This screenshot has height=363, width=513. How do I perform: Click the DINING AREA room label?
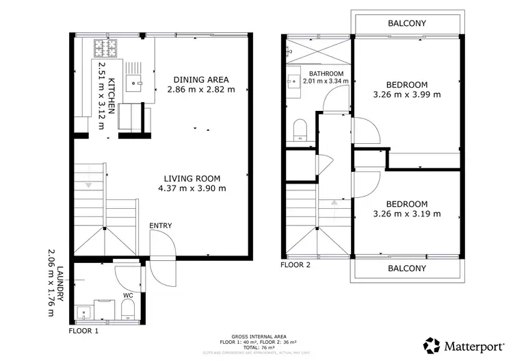pyautogui.click(x=201, y=79)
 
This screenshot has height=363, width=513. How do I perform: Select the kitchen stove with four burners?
pyautogui.click(x=105, y=47)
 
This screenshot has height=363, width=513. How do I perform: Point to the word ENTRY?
pyautogui.click(x=161, y=226)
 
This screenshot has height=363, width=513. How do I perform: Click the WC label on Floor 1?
pyautogui.click(x=128, y=296)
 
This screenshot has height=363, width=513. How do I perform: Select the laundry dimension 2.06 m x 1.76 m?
pyautogui.click(x=49, y=283)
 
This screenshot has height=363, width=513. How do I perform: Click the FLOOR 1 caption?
pyautogui.click(x=84, y=330)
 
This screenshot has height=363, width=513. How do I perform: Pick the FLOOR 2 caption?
pyautogui.click(x=296, y=264)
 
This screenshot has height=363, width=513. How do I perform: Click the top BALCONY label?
pyautogui.click(x=407, y=23)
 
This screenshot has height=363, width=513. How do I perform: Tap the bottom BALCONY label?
pyautogui.click(x=407, y=268)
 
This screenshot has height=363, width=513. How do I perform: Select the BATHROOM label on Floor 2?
pyautogui.click(x=326, y=73)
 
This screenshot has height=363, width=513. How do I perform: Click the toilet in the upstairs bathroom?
pyautogui.click(x=299, y=130)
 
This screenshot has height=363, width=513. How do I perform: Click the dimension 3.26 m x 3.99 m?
pyautogui.click(x=407, y=95)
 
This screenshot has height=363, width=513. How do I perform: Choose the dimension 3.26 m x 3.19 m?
pyautogui.click(x=407, y=214)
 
